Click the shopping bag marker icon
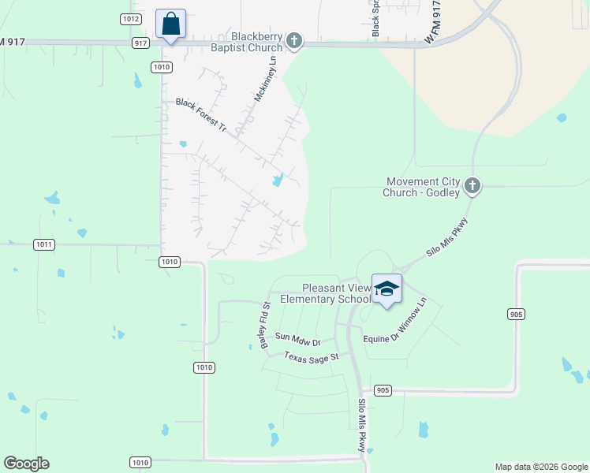tap(170, 24)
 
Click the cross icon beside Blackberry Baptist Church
tap(294, 40)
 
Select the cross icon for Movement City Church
tap(472, 186)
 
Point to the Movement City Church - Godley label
tap(424, 187)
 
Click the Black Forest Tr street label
tap(200, 114)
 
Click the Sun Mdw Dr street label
tap(298, 340)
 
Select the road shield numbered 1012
tap(131, 18)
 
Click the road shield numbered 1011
tap(44, 244)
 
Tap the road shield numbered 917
tap(141, 43)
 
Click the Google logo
tap(26, 464)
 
